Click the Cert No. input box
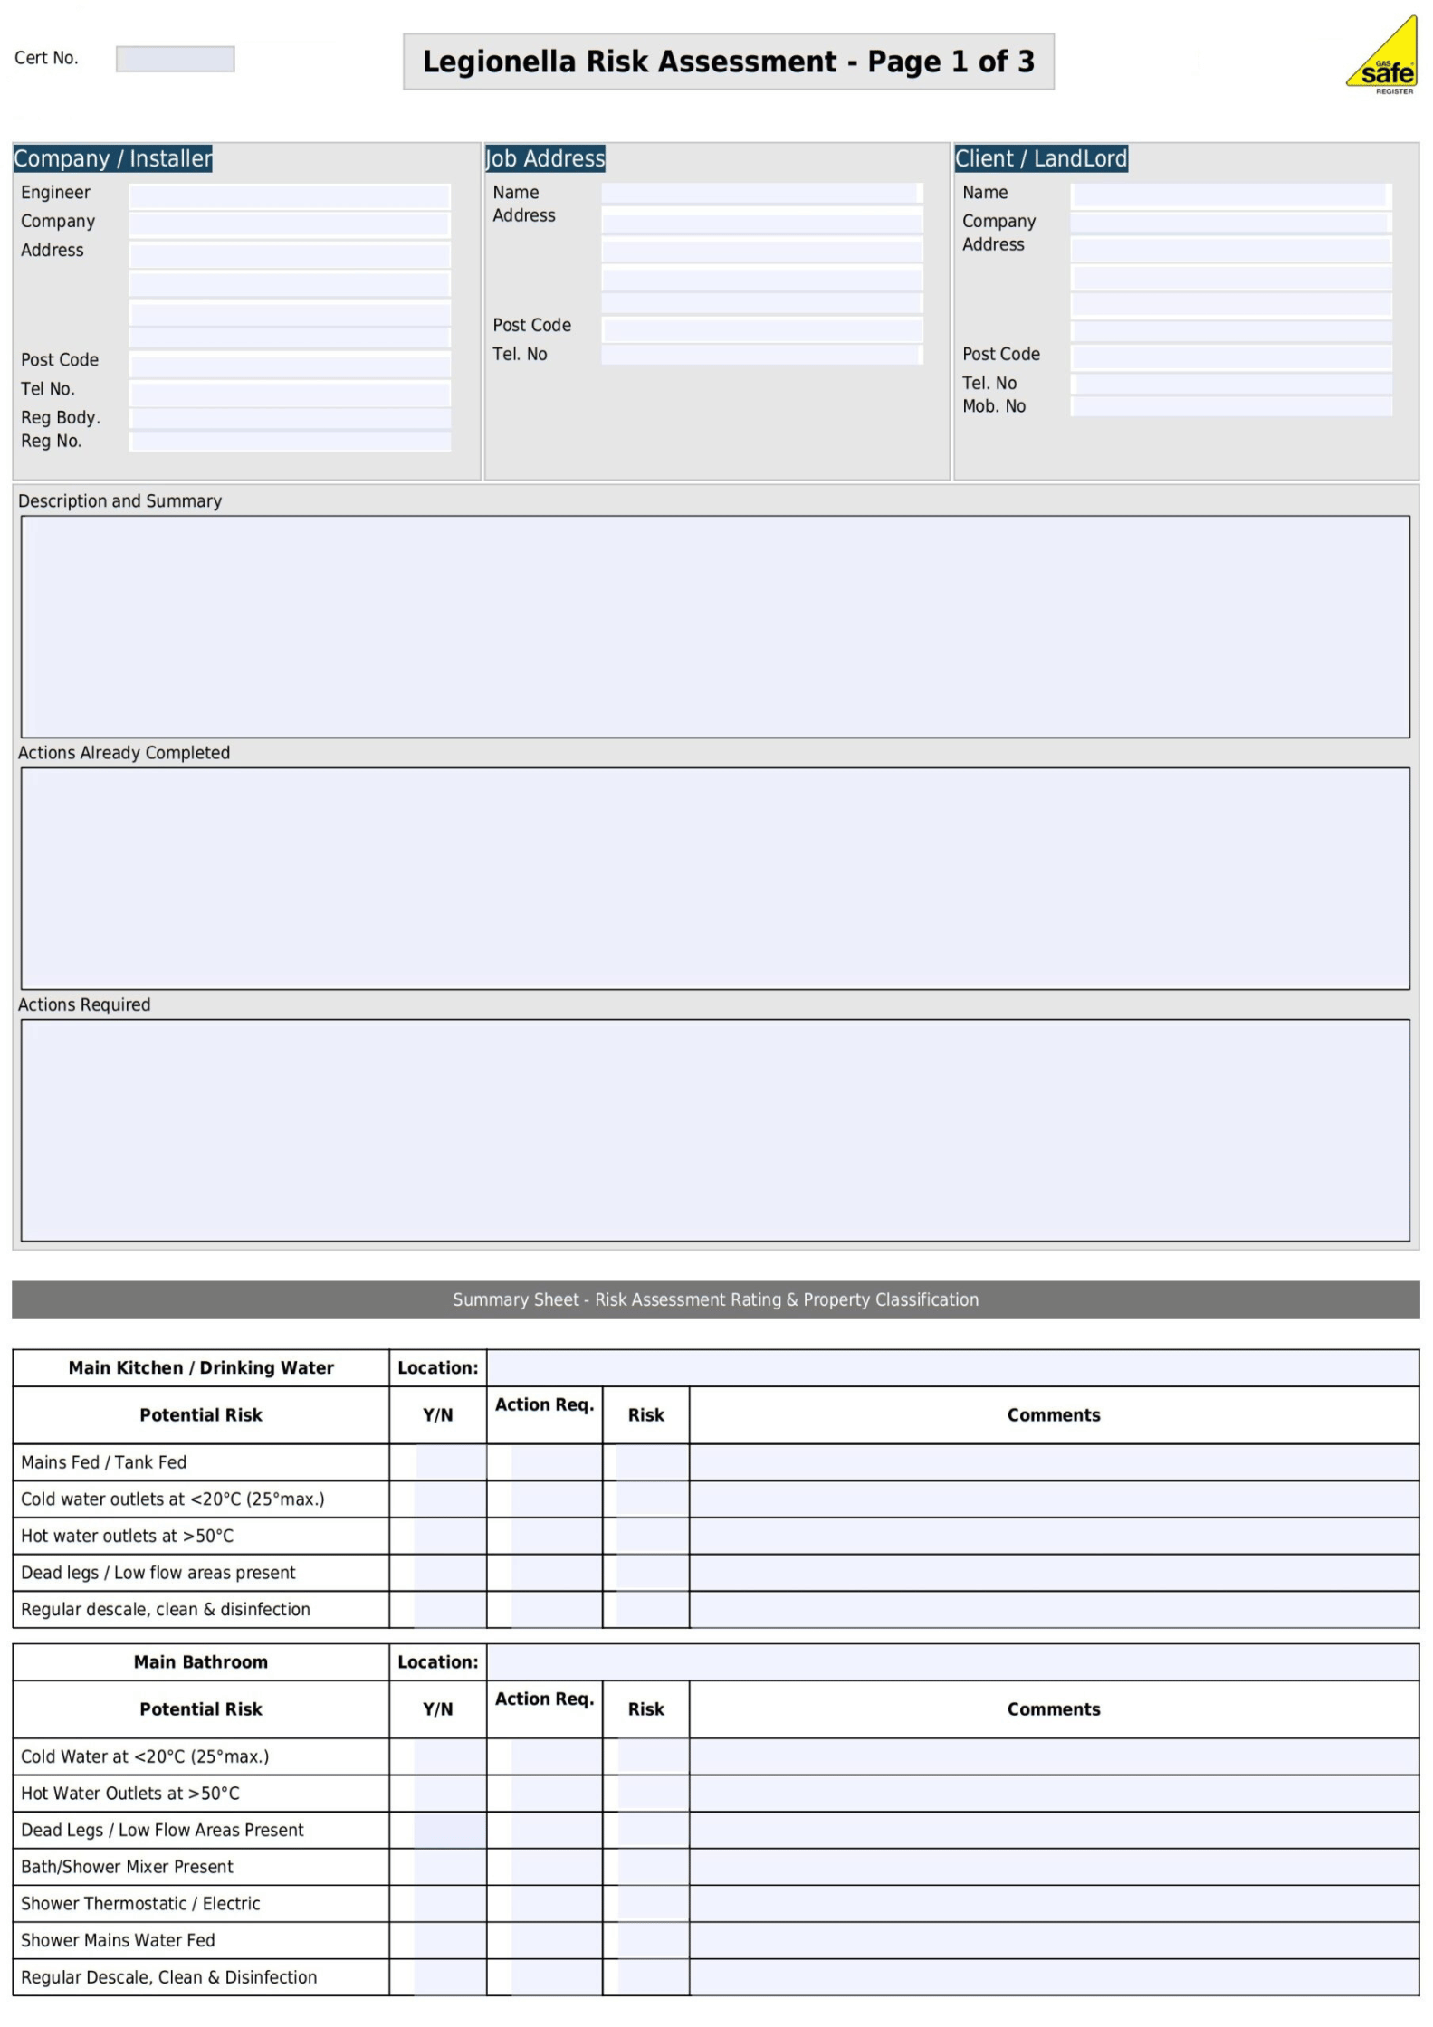pos(175,59)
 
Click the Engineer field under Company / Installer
pos(289,196)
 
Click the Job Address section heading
pos(545,158)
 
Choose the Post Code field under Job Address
pos(761,329)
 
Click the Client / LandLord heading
pos(1040,158)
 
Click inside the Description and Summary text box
pos(715,626)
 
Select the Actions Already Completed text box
pos(715,878)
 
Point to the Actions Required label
pos(84,1004)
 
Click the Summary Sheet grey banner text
pos(715,1299)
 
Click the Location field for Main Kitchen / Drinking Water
pos(951,1367)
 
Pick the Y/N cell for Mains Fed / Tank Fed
pos(450,1462)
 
